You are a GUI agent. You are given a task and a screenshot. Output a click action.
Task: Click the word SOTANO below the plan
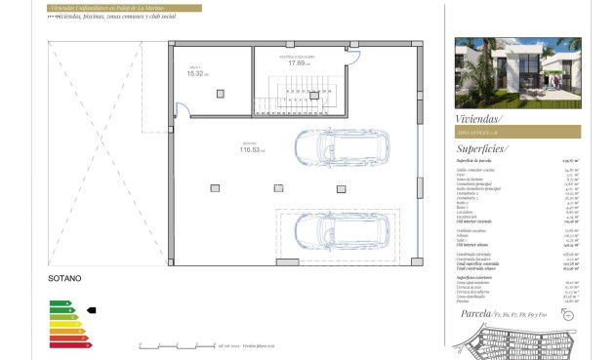click(x=63, y=278)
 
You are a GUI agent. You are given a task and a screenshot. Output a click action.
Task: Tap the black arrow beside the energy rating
click(x=92, y=310)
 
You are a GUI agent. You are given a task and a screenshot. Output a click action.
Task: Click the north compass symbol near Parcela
click(x=567, y=314)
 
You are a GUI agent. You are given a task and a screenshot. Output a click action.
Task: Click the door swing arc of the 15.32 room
click(x=179, y=110)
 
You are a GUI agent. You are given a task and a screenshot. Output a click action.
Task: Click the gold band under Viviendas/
click(x=516, y=132)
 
